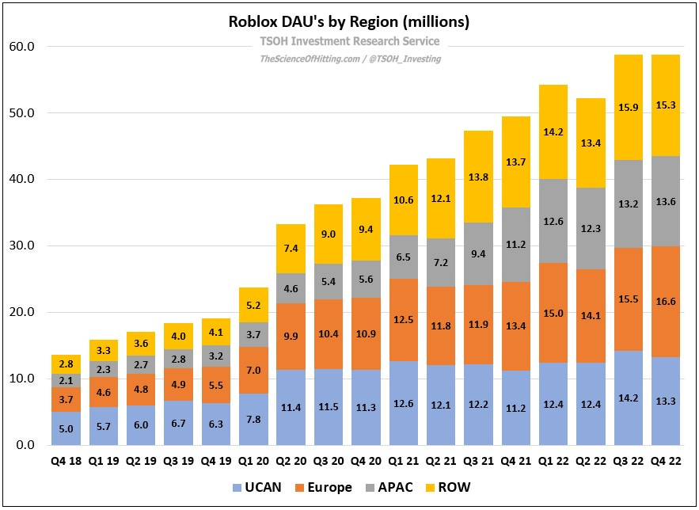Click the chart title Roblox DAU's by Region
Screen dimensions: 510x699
tap(349, 22)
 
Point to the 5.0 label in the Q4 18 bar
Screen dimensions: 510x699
tap(66, 428)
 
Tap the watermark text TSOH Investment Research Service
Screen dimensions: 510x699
tap(349, 42)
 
